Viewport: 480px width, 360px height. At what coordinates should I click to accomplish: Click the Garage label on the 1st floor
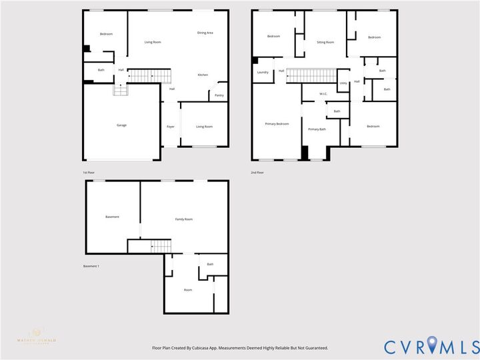[121, 125]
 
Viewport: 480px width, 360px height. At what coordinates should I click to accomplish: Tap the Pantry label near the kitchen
[219, 95]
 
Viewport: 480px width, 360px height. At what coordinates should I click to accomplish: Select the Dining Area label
[205, 33]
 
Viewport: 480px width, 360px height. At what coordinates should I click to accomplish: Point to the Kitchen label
[203, 75]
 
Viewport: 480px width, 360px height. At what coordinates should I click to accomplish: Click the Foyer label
[171, 126]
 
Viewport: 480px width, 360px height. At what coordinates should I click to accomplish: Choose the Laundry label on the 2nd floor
[263, 72]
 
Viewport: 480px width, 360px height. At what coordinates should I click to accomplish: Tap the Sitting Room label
[325, 42]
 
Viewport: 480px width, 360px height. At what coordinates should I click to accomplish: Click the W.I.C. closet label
[323, 93]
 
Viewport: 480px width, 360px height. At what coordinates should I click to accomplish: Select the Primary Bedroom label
[277, 123]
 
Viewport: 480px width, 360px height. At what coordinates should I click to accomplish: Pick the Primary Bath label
[317, 129]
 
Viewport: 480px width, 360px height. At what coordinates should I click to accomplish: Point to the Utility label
[343, 83]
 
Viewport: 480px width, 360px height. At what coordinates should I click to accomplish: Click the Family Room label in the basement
[184, 219]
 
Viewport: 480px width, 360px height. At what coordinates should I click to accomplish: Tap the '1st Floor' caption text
[89, 173]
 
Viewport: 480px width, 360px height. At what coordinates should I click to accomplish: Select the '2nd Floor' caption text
[257, 173]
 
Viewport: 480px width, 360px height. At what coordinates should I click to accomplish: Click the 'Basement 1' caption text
[91, 266]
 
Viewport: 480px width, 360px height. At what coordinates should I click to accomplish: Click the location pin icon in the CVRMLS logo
[434, 345]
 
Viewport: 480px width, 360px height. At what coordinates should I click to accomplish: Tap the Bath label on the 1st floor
[101, 70]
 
